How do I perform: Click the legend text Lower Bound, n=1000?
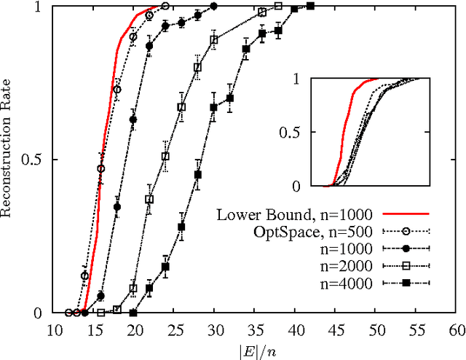294,214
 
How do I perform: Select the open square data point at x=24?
165,157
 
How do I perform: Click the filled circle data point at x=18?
117,207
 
